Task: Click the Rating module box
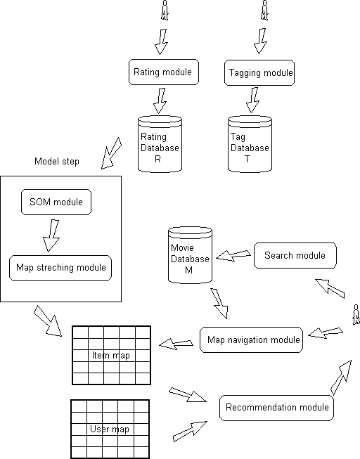coord(164,72)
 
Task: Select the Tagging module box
coord(259,73)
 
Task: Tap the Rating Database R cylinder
coord(160,143)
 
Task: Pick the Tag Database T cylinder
coord(250,143)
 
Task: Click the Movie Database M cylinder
coord(191,254)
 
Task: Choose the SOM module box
coord(56,202)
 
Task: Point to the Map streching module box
coord(60,268)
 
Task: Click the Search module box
coord(295,256)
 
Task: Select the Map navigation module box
coord(251,340)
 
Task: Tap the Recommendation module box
coord(276,408)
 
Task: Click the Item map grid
coord(111,356)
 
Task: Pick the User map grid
coord(110,429)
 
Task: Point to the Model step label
coord(57,162)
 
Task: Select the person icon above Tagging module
coord(264,10)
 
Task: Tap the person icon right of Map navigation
coord(356,312)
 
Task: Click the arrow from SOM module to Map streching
coord(52,235)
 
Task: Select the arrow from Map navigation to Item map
coord(176,343)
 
